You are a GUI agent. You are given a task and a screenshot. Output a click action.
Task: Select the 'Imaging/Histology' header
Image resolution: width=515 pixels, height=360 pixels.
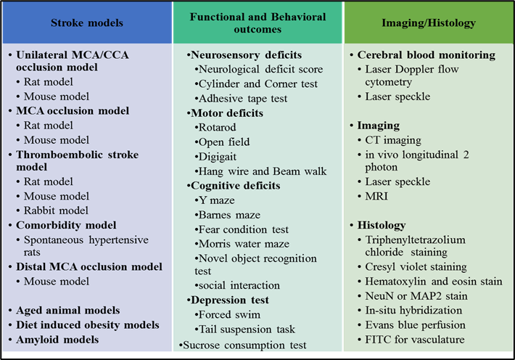(x=429, y=23)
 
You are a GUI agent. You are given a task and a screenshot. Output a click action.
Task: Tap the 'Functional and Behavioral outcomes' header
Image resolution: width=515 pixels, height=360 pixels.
(x=257, y=23)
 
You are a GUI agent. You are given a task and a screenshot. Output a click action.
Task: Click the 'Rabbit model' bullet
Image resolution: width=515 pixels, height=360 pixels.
(x=57, y=210)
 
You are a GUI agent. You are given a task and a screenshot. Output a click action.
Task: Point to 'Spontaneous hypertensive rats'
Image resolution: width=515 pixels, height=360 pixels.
(x=86, y=246)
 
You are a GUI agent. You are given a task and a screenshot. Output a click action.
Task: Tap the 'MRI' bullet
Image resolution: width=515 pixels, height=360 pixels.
(x=376, y=196)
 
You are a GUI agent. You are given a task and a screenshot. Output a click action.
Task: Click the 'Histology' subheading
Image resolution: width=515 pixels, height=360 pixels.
(x=381, y=225)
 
